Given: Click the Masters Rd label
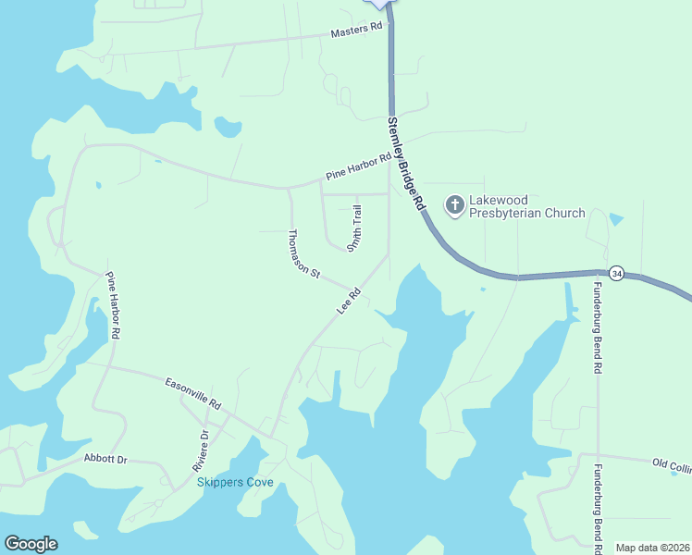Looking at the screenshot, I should (x=356, y=31).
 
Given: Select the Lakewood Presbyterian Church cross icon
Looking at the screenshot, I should (x=454, y=204).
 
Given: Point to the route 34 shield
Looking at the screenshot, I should (x=617, y=273).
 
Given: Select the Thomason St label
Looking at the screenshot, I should (x=303, y=254).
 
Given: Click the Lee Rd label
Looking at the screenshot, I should (x=348, y=302).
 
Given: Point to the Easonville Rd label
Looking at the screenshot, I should (x=193, y=393).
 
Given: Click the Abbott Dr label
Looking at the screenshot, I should (x=104, y=458).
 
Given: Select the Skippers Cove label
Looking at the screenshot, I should (x=234, y=482).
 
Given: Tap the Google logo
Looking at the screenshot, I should (x=31, y=544).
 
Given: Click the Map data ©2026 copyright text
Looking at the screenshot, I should (x=652, y=548).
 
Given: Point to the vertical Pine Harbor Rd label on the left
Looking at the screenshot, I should (x=114, y=304).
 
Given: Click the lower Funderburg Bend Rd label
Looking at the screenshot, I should (x=598, y=504).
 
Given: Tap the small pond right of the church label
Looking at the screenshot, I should (x=617, y=220).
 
